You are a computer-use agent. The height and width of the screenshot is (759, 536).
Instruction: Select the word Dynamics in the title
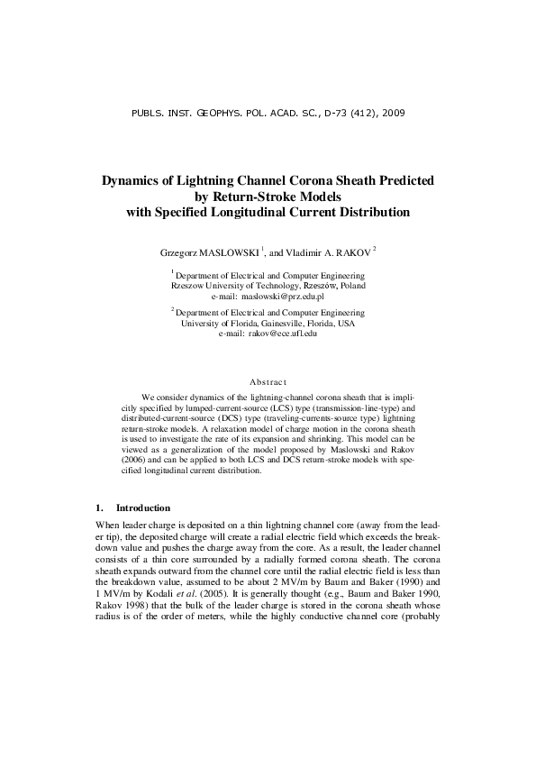(x=133, y=180)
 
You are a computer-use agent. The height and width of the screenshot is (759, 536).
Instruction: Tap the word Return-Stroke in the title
(x=269, y=197)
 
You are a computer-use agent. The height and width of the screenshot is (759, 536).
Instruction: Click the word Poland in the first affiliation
(x=350, y=284)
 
